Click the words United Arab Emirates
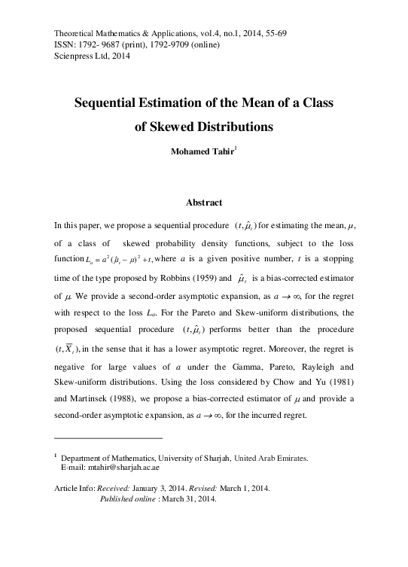(x=276, y=457)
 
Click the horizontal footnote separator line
(x=108, y=437)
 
